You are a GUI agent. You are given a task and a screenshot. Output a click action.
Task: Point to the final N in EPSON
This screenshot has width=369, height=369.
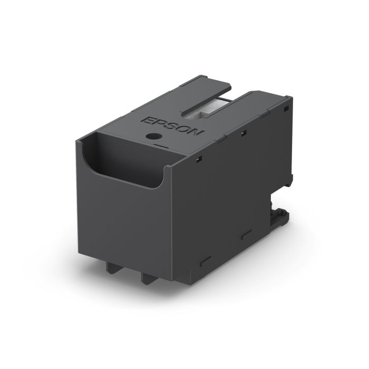tap(196, 132)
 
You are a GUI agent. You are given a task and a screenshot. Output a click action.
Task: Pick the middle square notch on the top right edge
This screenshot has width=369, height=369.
tap(243, 132)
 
